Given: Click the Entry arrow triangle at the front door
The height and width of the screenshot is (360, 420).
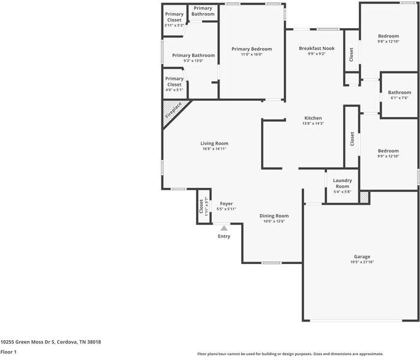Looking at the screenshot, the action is (224, 228).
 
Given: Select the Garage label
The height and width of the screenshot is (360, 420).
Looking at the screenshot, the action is (362, 257).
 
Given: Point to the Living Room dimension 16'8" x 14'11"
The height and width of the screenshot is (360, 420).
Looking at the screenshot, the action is (214, 149).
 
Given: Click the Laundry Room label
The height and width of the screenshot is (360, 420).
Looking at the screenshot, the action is (343, 183).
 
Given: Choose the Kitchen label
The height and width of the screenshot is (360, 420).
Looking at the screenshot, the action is (313, 118).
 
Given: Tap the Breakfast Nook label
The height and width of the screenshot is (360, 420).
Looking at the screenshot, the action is (317, 48).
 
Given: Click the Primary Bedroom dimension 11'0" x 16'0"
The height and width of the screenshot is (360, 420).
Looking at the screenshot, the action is (252, 55).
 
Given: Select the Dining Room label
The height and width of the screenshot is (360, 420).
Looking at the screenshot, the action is (274, 216).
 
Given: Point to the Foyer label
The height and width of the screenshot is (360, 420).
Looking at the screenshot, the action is (226, 203).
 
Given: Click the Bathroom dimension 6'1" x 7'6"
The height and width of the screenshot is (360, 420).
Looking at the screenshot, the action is (400, 98).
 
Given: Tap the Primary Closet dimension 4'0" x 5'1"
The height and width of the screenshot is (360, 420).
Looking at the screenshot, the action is (175, 90).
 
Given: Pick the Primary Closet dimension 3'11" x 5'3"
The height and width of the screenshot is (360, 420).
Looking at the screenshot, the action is (175, 25).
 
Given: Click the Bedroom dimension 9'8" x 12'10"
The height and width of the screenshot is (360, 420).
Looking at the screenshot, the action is (388, 41).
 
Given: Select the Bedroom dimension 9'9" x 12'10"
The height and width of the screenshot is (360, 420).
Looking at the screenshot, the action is (388, 156).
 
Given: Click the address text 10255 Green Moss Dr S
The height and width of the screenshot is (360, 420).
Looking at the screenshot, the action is (28, 342).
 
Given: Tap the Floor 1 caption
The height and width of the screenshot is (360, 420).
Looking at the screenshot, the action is (8, 352).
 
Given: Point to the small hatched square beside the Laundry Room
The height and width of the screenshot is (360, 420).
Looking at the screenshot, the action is (364, 197).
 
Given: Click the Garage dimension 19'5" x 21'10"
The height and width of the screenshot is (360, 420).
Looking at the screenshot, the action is (362, 262).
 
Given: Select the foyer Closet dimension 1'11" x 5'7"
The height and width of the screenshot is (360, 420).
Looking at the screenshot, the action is (206, 206).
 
